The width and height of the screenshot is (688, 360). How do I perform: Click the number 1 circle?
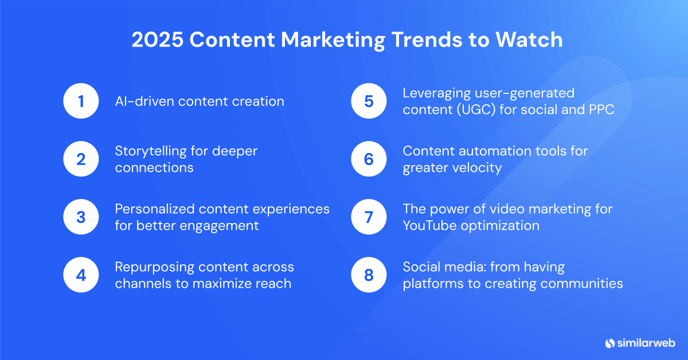[81, 101]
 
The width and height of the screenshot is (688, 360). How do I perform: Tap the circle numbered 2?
[81, 159]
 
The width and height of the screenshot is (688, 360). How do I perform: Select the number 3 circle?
[81, 217]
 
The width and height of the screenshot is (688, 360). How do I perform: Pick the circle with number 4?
[81, 275]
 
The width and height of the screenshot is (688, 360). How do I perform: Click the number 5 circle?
[369, 101]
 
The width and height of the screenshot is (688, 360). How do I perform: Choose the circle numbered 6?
[369, 159]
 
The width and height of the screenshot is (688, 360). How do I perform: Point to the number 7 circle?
[369, 217]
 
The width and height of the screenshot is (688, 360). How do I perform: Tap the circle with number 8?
[369, 275]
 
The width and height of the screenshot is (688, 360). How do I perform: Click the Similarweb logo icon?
[609, 343]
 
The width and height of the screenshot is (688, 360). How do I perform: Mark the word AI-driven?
[144, 101]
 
